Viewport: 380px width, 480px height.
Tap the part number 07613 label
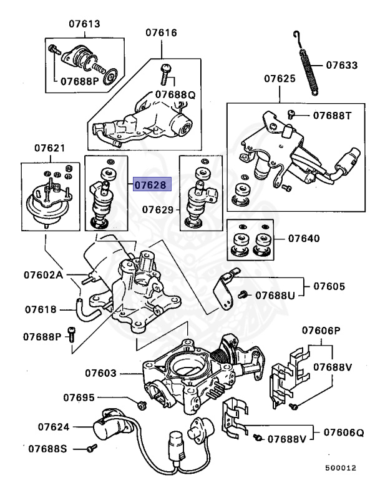pyautogui.click(x=84, y=24)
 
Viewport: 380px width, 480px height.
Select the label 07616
pyautogui.click(x=161, y=32)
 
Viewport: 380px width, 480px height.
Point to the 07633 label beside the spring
pyautogui.click(x=341, y=65)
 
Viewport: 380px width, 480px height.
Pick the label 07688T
pyautogui.click(x=333, y=116)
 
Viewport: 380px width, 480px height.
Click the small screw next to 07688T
pyautogui.click(x=291, y=114)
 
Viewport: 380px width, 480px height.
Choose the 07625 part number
pyautogui.click(x=280, y=79)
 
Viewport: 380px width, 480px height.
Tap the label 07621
pyautogui.click(x=49, y=148)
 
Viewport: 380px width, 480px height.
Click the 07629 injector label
pyautogui.click(x=158, y=210)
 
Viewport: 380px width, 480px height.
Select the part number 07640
pyautogui.click(x=304, y=238)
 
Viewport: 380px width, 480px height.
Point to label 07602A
pyautogui.click(x=44, y=274)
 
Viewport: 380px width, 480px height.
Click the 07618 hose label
pyautogui.click(x=41, y=309)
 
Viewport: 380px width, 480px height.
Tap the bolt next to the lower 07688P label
pyautogui.click(x=72, y=334)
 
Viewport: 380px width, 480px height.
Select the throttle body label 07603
pyautogui.click(x=101, y=373)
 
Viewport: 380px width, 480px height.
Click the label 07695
pyautogui.click(x=79, y=397)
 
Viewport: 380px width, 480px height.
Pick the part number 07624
pyautogui.click(x=54, y=427)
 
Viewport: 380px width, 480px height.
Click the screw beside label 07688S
pyautogui.click(x=92, y=448)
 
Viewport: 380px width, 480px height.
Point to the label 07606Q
pyautogui.click(x=344, y=432)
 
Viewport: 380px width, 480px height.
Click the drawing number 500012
pyautogui.click(x=341, y=467)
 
